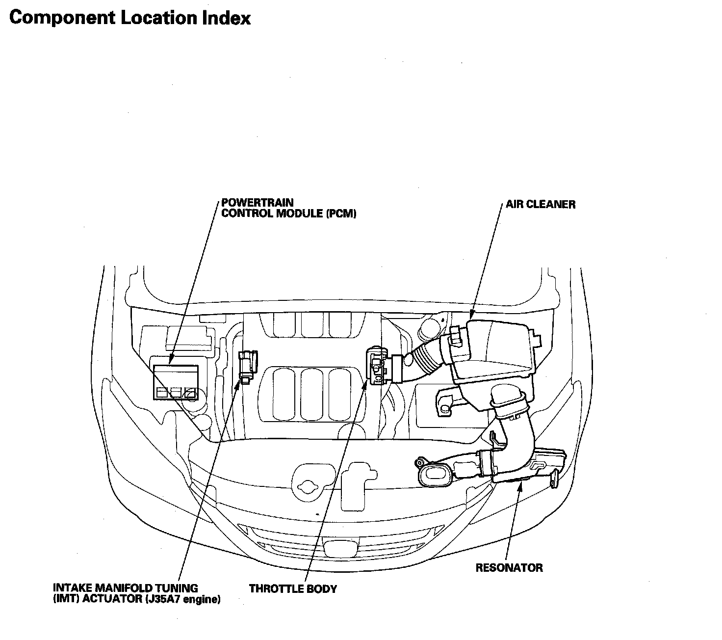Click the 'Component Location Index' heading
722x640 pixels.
pos(129,18)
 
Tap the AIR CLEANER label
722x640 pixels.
pos(541,204)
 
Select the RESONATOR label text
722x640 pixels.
pos(509,568)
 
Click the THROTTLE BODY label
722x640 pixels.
pos(293,588)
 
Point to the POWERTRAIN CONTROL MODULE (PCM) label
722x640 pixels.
pos(289,208)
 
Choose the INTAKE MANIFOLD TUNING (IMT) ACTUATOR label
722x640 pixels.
pos(137,594)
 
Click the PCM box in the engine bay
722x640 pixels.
pos(176,382)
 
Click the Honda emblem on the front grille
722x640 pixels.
pos(341,547)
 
